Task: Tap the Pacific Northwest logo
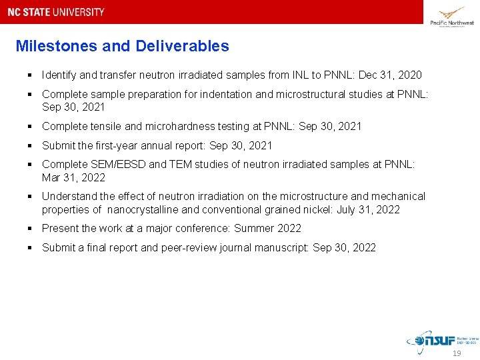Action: [452, 16]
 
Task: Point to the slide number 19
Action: [457, 354]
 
